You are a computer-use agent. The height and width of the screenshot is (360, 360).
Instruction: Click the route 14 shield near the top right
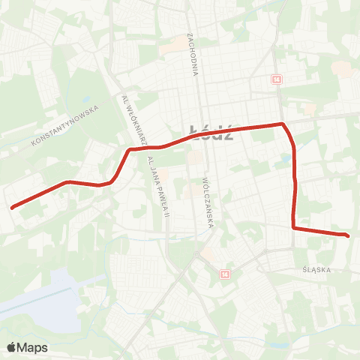tap(277, 79)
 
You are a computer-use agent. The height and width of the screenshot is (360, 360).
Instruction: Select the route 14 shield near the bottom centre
tap(223, 275)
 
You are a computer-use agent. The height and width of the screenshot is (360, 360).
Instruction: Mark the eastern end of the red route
tap(347, 235)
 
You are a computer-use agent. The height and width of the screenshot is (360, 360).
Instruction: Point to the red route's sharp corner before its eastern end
tap(293, 227)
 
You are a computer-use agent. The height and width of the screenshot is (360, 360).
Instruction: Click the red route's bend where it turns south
tap(282, 124)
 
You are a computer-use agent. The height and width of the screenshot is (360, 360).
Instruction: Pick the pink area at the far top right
tap(341, 69)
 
